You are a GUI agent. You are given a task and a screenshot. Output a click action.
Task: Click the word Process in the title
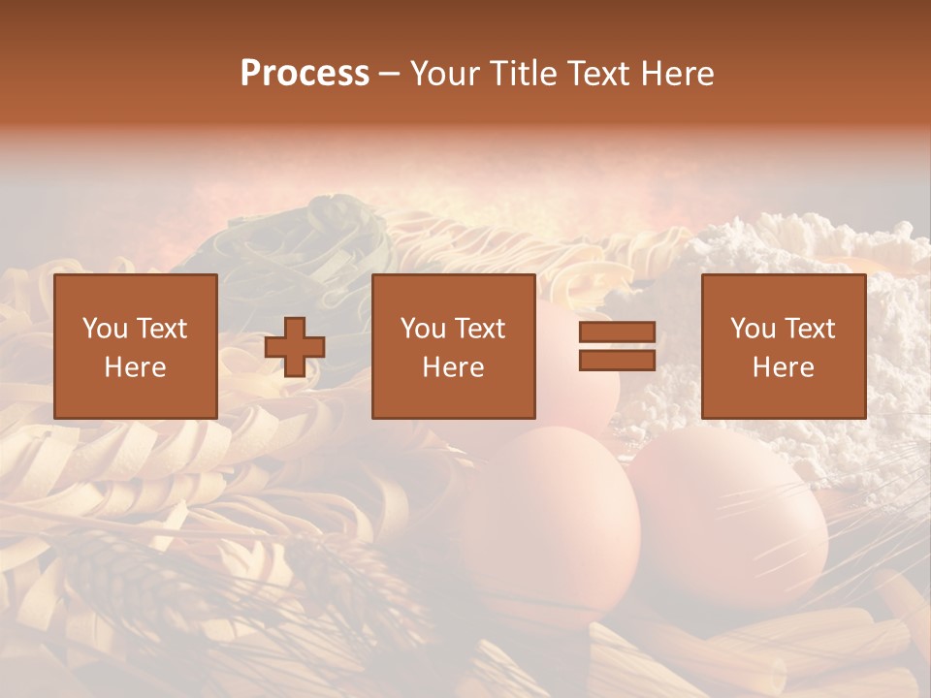(x=305, y=74)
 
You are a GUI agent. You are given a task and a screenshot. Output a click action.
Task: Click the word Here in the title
(x=679, y=74)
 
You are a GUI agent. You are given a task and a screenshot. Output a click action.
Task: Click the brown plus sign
(x=295, y=346)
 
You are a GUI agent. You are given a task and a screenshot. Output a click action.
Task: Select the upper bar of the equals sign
(x=617, y=333)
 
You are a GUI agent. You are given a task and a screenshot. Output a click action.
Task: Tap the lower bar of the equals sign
(x=617, y=360)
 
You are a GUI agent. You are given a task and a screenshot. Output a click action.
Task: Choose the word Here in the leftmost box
(x=135, y=367)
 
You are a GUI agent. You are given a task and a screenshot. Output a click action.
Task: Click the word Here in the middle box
(x=453, y=367)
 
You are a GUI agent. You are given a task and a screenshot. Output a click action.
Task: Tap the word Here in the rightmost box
(x=783, y=367)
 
